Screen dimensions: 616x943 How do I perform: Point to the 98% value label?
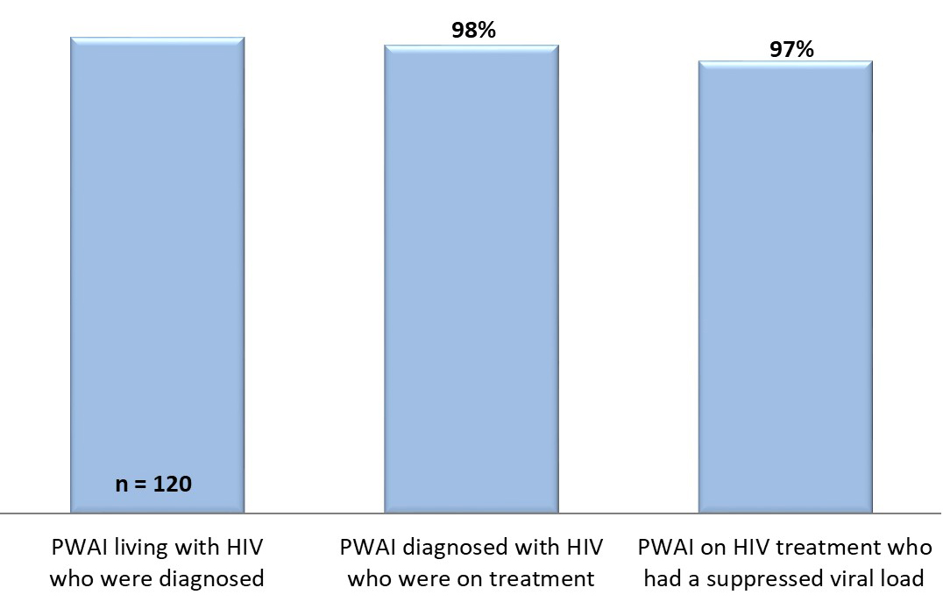[x=473, y=32]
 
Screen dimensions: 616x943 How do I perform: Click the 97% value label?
[x=791, y=49]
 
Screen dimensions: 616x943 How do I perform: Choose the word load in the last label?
[x=904, y=579]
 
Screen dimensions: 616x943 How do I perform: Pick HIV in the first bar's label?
[x=245, y=548]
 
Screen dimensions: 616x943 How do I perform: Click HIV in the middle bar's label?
[x=582, y=548]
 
